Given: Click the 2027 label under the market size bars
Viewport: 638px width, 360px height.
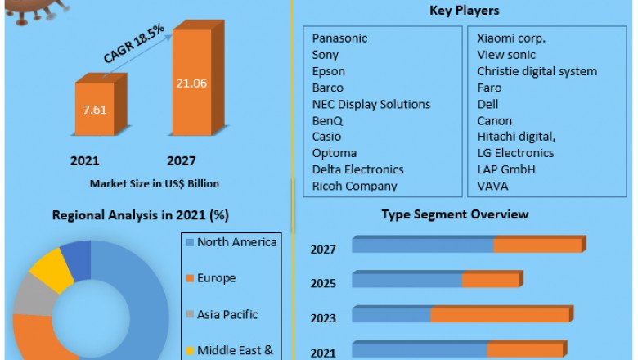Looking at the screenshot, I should point(180,161).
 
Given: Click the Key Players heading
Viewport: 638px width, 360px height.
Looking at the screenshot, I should point(465,11).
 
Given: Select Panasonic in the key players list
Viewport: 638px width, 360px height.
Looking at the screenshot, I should point(339,38).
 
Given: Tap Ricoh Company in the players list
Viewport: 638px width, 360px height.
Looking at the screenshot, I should point(354,186).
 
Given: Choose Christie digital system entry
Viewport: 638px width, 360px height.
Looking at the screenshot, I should point(537,71).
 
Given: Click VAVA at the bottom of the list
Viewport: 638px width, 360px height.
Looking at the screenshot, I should point(494,186).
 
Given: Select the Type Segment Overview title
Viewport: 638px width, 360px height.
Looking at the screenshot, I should point(455,214).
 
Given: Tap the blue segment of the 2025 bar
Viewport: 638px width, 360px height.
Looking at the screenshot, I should point(407,281).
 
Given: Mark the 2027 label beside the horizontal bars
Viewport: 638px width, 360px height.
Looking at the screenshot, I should point(323,250).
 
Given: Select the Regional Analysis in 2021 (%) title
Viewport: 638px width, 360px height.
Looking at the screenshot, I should point(140,216).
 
